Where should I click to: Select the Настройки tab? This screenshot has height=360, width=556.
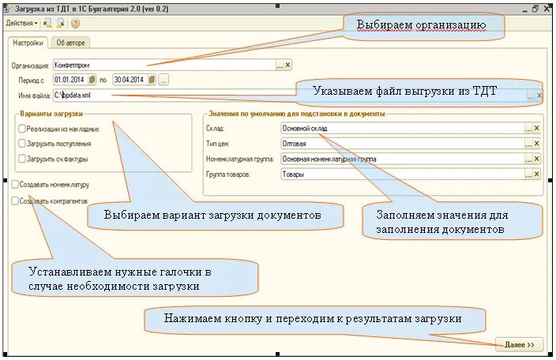click(x=28, y=43)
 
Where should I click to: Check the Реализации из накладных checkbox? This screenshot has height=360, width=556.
click(x=21, y=129)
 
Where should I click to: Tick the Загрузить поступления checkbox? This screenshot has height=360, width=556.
click(x=21, y=144)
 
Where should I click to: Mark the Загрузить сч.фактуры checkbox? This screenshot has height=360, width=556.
click(x=21, y=159)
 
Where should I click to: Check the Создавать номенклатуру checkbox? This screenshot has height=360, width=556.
click(x=16, y=184)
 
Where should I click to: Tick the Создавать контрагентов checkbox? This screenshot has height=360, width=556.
click(x=16, y=201)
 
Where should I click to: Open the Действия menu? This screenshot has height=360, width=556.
click(x=21, y=24)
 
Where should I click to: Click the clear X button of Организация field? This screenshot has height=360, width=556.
click(x=288, y=66)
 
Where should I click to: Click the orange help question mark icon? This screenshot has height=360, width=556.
click(x=76, y=24)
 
